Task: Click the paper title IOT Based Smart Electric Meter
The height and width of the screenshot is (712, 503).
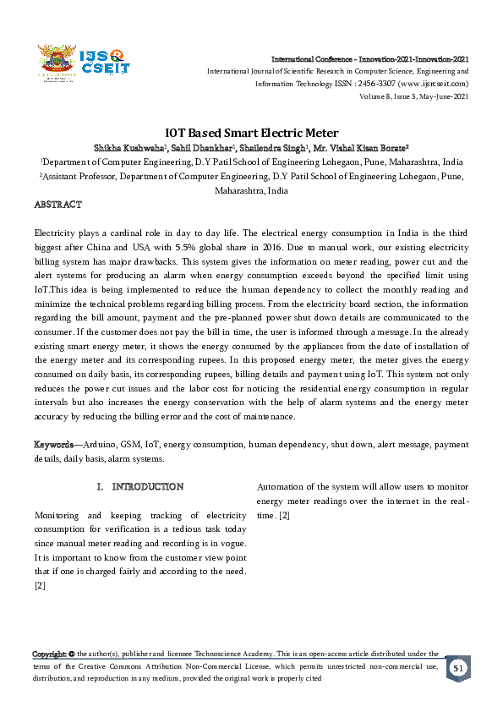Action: coord(251,133)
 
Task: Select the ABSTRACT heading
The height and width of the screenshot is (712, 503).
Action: coord(57,205)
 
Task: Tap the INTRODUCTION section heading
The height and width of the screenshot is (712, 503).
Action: coord(147,487)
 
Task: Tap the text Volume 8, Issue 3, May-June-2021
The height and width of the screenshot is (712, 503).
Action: coord(414,96)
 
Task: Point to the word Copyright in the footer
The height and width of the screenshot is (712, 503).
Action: coord(50,654)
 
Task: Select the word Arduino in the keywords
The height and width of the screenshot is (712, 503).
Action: coord(101,445)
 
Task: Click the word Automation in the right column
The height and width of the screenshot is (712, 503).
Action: coord(283,486)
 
